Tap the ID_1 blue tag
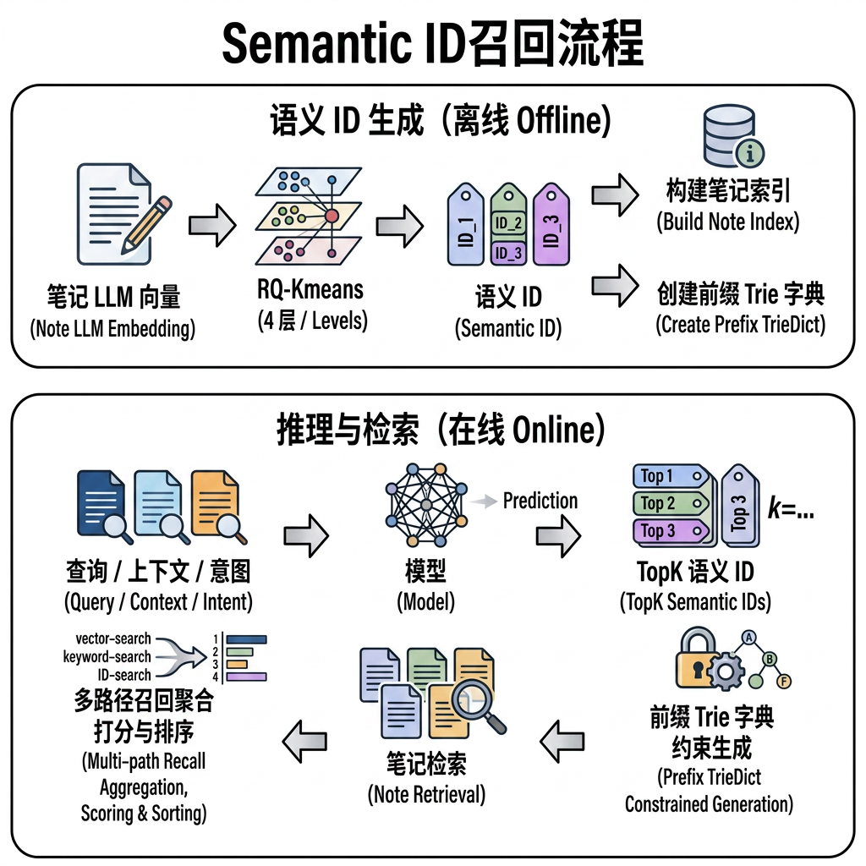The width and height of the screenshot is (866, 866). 465,224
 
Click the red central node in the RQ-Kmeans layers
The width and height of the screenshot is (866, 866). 332,216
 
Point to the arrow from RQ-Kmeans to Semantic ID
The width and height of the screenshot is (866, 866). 400,226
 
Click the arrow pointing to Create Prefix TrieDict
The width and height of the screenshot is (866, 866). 616,286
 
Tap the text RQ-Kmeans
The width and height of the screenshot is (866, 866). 310,289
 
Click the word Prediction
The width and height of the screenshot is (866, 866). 540,501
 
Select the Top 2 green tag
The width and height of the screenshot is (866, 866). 671,503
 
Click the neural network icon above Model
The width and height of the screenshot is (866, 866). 426,504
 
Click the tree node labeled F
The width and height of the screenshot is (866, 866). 783,682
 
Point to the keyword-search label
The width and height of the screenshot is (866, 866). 107,656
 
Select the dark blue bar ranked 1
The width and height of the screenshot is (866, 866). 246,639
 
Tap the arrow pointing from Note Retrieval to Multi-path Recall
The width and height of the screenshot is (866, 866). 304,741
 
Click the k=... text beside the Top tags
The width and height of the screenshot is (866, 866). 791,507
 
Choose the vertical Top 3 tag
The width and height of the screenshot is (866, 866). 739,506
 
